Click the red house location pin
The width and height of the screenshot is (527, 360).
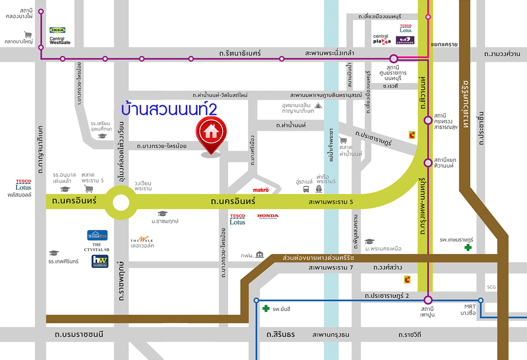[210, 132]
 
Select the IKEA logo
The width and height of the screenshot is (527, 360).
[57, 31]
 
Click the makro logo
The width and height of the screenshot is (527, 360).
[261, 189]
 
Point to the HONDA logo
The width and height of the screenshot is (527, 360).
[268, 216]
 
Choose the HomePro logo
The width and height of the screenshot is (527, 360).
[97, 235]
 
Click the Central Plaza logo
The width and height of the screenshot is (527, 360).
[382, 39]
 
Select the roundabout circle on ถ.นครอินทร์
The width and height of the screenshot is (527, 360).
[121, 202]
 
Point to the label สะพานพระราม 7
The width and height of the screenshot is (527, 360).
[329, 268]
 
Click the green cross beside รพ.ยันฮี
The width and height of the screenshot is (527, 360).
[267, 308]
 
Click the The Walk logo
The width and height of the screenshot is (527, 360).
[142, 242]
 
